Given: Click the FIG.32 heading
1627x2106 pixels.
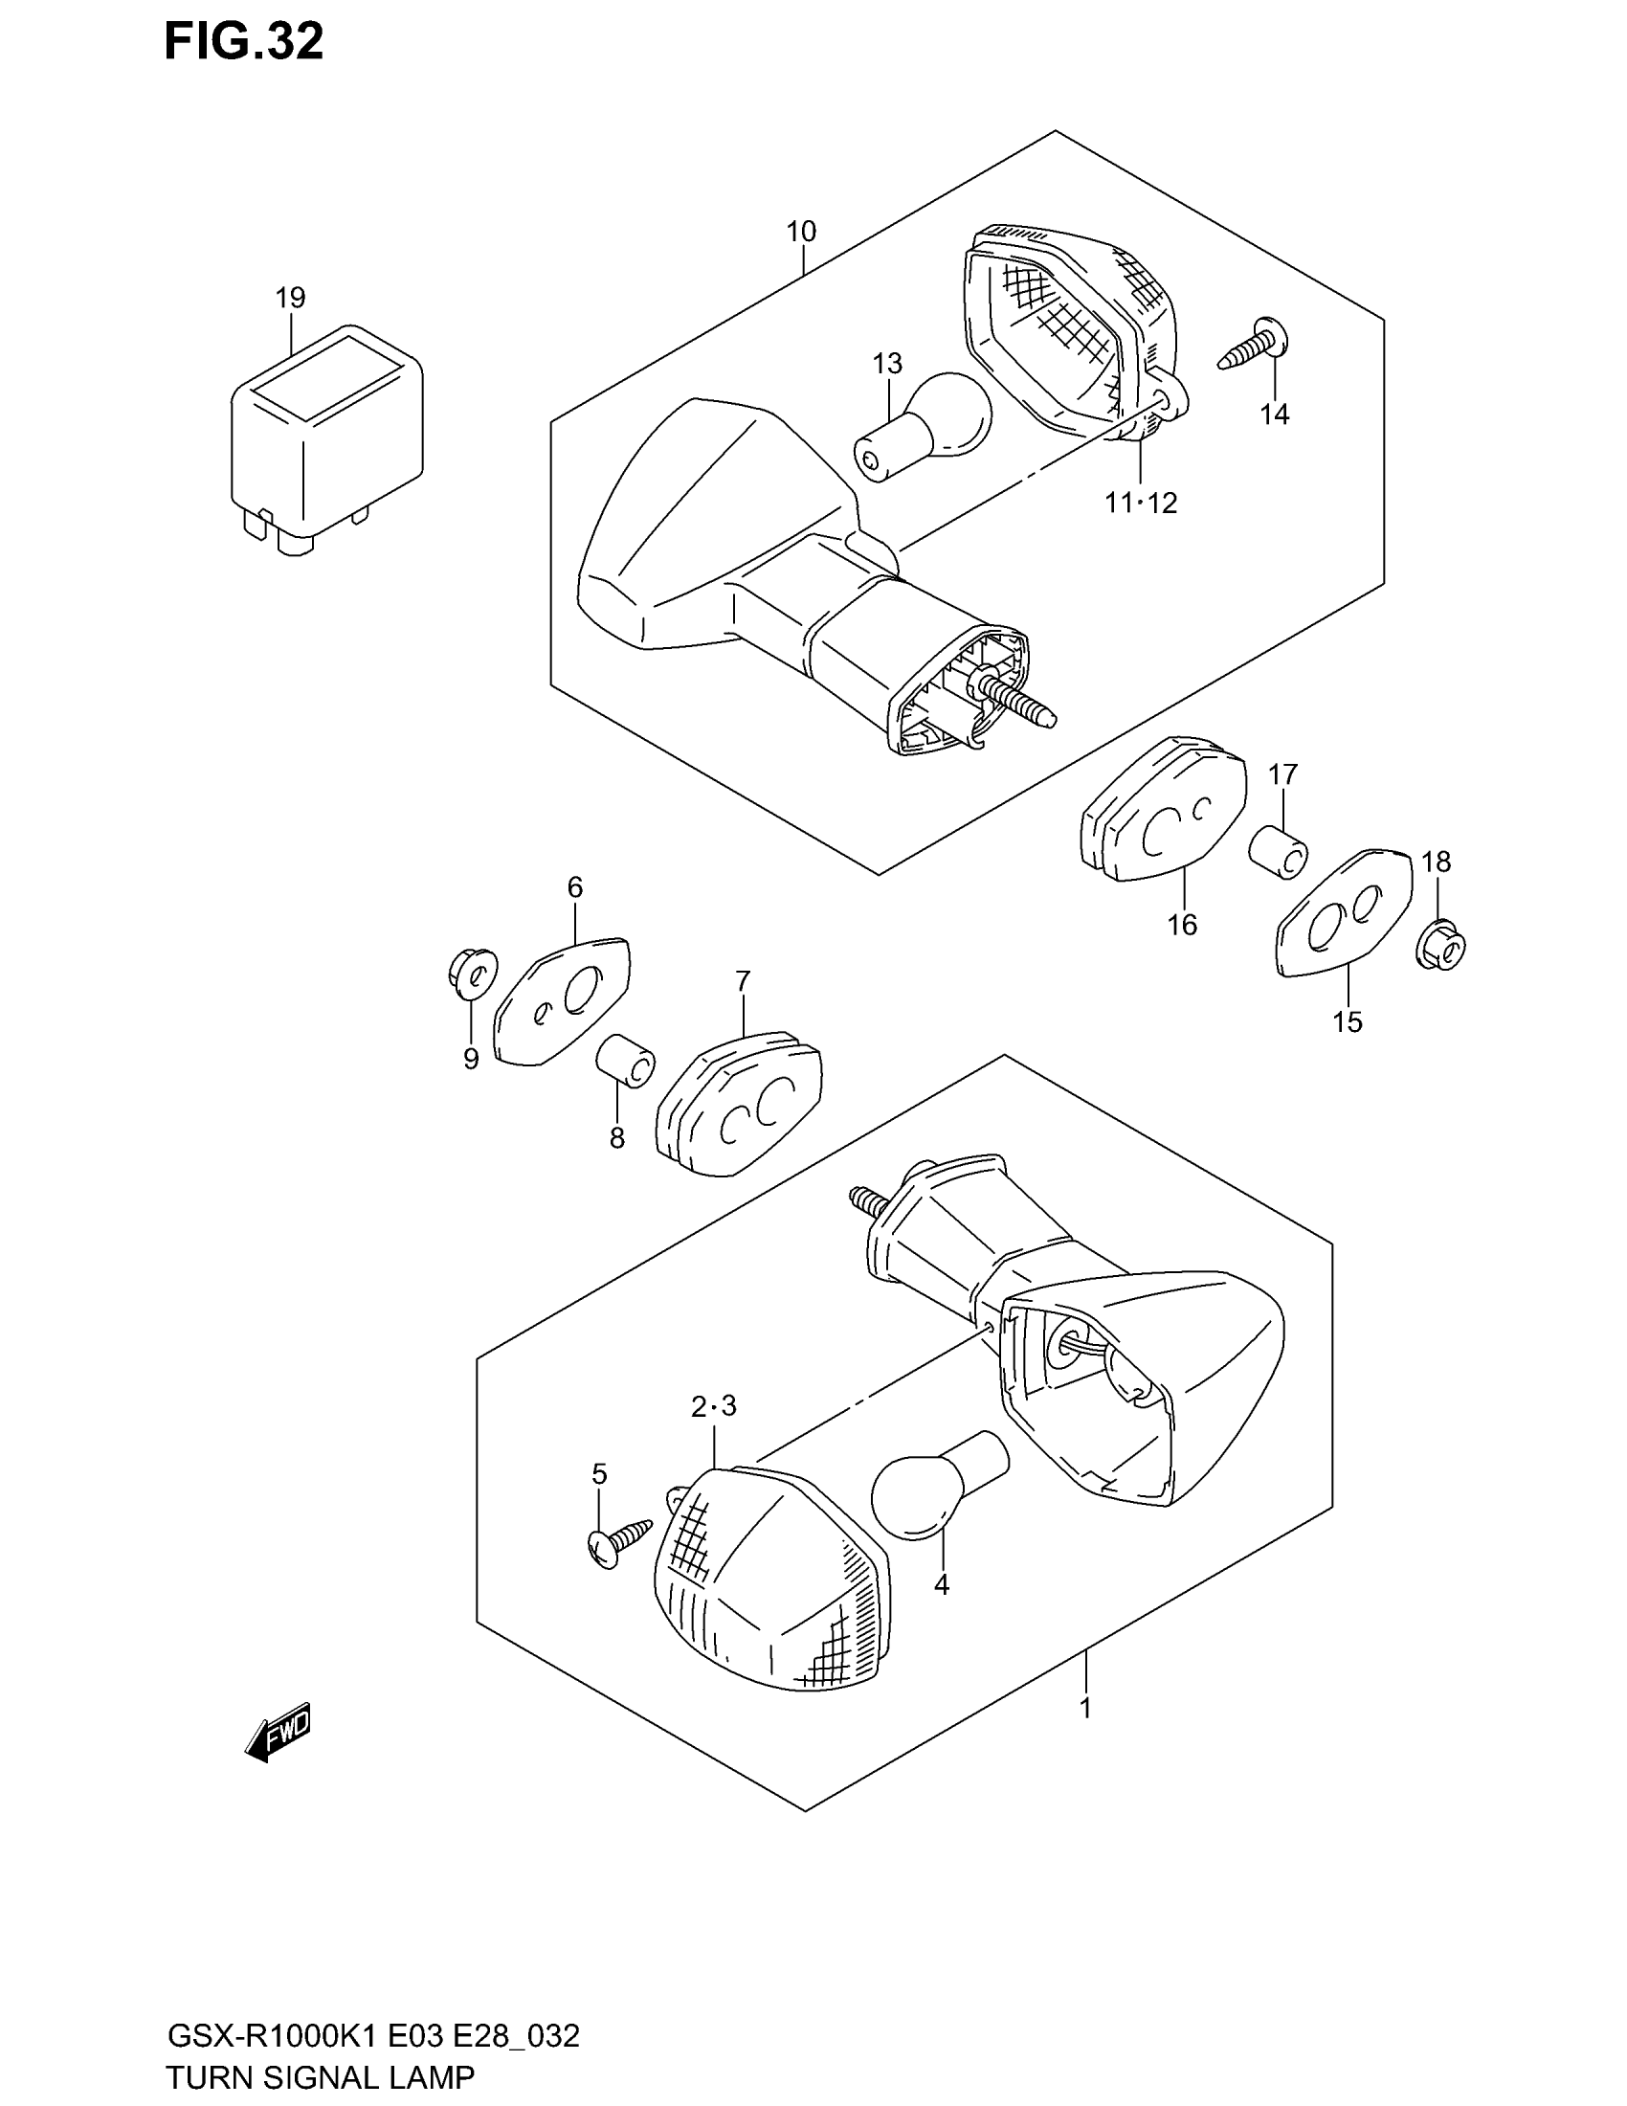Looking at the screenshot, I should tap(243, 43).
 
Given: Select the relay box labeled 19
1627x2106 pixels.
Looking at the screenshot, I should tap(326, 438).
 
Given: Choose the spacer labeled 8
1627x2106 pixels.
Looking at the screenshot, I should tap(626, 1061).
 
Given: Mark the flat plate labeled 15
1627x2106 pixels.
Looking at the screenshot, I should tap(1344, 912).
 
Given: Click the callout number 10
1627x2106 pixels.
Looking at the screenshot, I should tap(801, 232).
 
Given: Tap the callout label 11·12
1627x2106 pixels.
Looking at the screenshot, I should tap(1140, 503).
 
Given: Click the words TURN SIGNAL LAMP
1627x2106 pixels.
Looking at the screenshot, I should tap(320, 2076).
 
